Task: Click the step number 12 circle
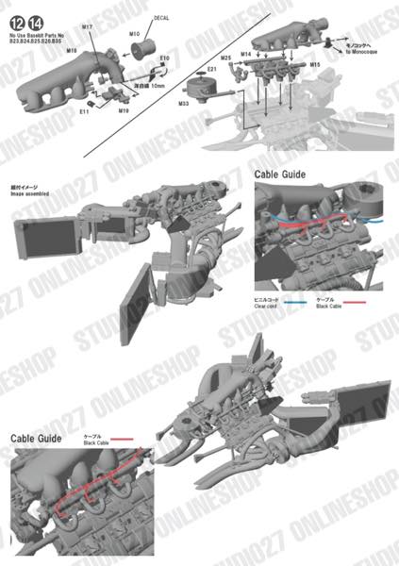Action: [x=20, y=21]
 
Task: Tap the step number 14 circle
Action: [x=37, y=21]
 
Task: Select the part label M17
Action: [x=87, y=28]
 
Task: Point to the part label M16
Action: [x=45, y=52]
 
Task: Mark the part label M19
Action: [x=124, y=110]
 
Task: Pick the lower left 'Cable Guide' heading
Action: [x=36, y=438]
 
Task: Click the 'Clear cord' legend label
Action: [x=267, y=307]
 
